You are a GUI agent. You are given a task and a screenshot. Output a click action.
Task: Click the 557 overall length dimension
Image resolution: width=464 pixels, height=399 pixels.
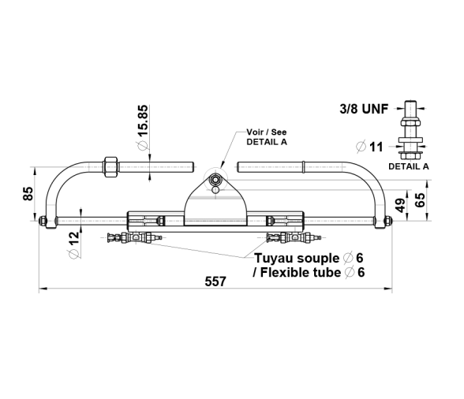coord(215,282)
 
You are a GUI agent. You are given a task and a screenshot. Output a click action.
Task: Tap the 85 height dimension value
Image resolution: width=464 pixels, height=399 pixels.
coord(28,194)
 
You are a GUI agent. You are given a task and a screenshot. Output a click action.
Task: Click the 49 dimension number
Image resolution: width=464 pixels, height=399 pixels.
coord(401,205)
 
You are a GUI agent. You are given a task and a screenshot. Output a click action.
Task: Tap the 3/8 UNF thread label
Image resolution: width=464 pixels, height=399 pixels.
coord(364,109)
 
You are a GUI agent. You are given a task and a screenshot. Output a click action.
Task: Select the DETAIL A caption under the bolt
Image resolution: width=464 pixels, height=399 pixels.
coord(409,166)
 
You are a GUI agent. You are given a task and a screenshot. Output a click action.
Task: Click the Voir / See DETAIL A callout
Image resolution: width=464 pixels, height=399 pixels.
coord(267,137)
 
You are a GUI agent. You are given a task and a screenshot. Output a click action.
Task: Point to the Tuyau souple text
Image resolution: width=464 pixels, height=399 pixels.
coord(297,258)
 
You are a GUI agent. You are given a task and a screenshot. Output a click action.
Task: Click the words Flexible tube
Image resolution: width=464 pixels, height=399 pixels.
coord(301,272)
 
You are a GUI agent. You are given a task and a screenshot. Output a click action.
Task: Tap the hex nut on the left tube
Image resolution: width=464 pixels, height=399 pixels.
coord(110,167)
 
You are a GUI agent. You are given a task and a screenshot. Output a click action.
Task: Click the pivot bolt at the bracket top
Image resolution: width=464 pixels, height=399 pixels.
coord(215,179)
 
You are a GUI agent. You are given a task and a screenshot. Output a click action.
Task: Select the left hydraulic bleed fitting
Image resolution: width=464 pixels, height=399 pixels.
coord(135,237)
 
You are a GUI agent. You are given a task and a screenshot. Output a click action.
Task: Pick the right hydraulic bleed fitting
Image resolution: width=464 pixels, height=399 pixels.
coord(294,237)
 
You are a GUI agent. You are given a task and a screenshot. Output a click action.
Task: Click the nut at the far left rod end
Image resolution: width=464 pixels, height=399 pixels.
coord(43,220)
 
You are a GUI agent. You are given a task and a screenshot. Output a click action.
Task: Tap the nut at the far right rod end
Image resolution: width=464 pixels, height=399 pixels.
coord(388,220)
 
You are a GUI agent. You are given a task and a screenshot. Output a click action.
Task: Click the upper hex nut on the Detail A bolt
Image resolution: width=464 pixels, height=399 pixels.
coord(410,122)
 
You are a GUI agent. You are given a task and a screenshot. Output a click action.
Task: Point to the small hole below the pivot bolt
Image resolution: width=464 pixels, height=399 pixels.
coord(216,189)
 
